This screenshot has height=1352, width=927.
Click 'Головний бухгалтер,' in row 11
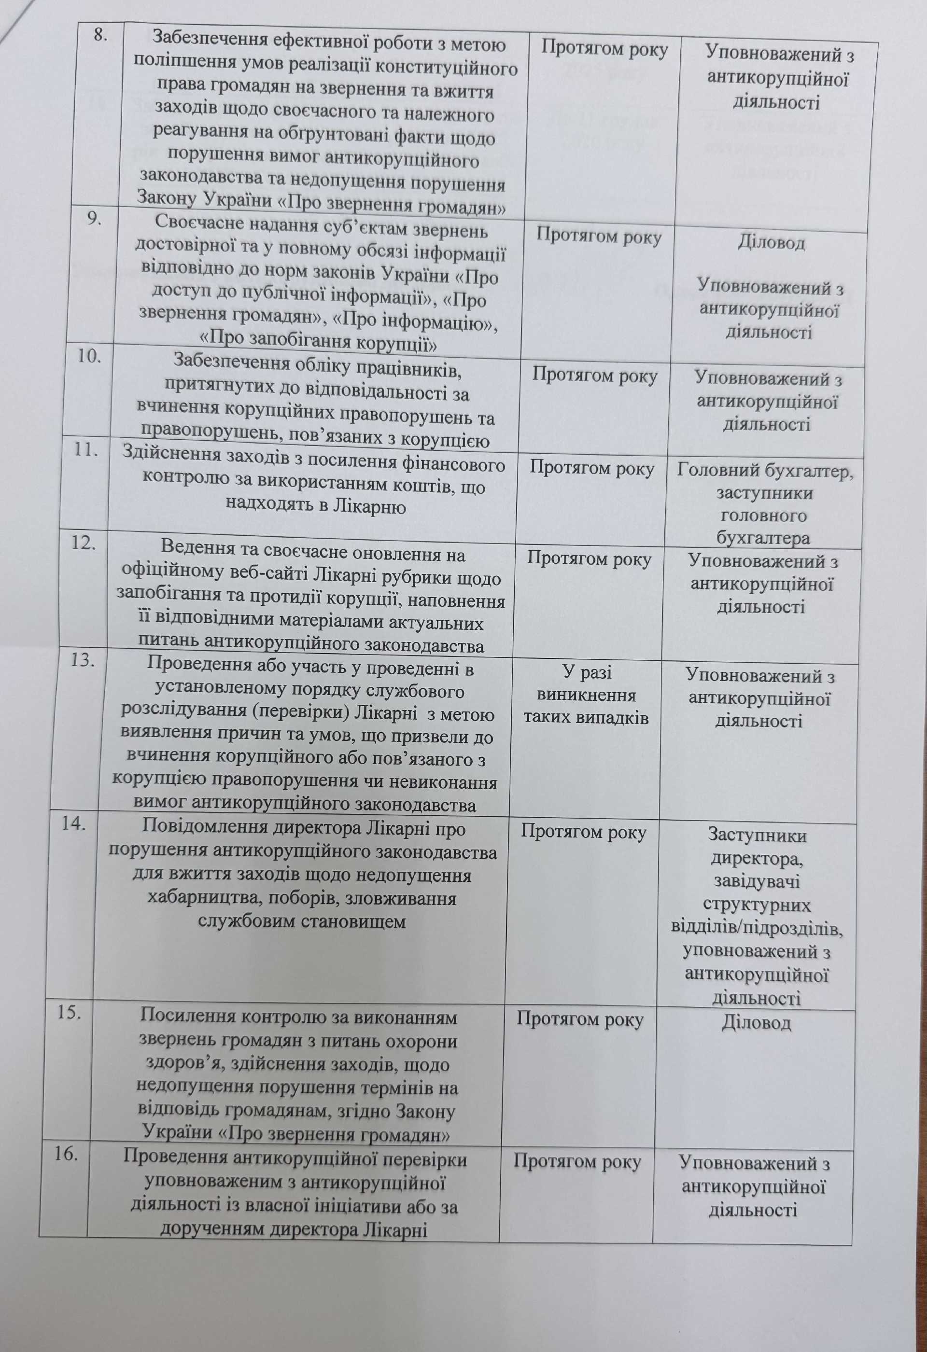click(765, 471)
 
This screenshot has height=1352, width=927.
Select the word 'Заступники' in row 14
click(757, 836)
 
